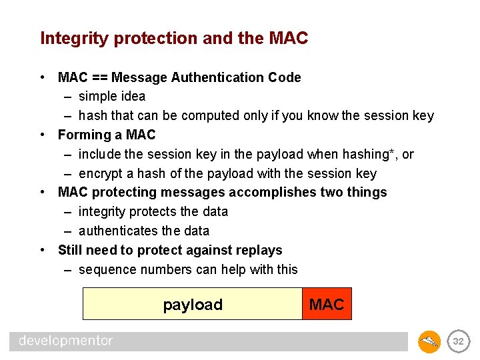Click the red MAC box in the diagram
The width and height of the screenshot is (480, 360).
pos(327,305)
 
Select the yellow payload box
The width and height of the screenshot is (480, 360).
pos(192,305)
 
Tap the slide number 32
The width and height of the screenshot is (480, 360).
pos(458,341)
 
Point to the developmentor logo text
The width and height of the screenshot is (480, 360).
pos(65,341)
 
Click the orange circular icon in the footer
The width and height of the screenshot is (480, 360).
pos(429,341)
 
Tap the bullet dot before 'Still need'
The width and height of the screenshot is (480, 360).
pos(43,250)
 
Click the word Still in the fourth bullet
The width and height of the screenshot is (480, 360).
pos(70,250)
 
